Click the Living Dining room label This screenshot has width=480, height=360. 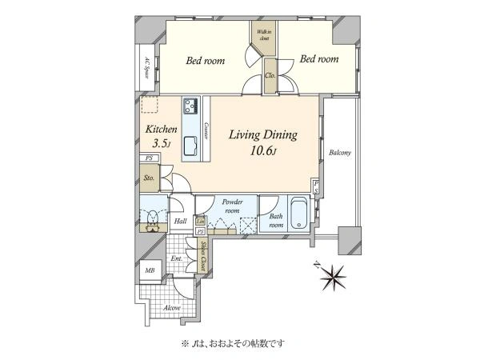click(263, 135)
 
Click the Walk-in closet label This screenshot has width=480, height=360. click(263, 34)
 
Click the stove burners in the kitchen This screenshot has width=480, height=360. click(191, 106)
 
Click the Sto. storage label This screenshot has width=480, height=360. click(149, 178)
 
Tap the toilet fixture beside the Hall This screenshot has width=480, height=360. click(149, 217)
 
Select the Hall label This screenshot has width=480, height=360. click(180, 221)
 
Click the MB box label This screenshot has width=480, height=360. click(149, 271)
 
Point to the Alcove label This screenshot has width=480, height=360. click(171, 307)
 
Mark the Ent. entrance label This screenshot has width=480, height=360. click(177, 258)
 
